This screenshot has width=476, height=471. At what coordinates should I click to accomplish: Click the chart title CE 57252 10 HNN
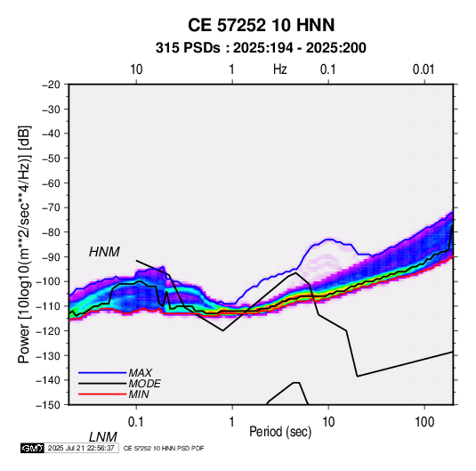tap(261, 25)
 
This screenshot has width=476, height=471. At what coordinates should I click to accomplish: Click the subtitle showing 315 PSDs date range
tap(261, 48)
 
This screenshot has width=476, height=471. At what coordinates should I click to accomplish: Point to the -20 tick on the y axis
tap(51, 85)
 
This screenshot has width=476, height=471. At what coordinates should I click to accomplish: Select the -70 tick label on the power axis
tap(51, 207)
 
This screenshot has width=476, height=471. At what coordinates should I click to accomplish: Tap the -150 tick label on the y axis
tap(48, 405)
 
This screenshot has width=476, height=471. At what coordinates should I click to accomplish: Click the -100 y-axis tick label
tap(48, 281)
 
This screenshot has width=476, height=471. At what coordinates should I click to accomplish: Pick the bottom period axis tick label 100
tap(424, 422)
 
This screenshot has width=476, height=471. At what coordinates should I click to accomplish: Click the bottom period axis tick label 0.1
tap(136, 422)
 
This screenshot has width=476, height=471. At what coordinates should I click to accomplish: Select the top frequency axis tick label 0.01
tap(424, 69)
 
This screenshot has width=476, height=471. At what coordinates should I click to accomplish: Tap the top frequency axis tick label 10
tap(136, 69)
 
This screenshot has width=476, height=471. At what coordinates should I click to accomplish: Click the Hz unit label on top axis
tap(280, 69)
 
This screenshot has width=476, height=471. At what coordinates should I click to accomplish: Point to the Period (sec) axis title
tap(280, 432)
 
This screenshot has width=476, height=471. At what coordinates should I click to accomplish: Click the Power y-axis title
tap(24, 245)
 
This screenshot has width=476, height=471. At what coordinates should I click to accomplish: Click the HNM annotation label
tap(104, 252)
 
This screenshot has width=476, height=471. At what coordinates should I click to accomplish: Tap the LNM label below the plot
tap(103, 437)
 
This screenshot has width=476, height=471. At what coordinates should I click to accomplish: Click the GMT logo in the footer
tap(32, 448)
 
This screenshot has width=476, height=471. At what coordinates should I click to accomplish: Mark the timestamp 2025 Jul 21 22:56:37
tap(81, 448)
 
